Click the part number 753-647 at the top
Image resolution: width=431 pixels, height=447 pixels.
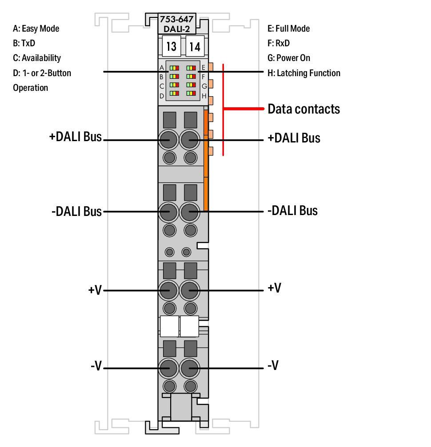tap(176, 19)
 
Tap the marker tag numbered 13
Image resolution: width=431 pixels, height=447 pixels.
tap(171, 46)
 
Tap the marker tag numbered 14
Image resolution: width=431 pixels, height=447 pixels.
tap(195, 46)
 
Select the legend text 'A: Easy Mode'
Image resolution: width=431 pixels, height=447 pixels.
tap(36, 28)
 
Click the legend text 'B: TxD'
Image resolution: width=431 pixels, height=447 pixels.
tap(24, 43)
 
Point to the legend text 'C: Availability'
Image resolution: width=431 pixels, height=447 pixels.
tap(37, 58)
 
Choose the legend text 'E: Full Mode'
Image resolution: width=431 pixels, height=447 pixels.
tap(288, 28)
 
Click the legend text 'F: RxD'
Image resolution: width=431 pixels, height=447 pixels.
tap(279, 43)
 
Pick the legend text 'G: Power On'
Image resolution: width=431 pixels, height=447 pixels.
tap(289, 58)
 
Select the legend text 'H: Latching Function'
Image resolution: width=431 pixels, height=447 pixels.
tap(304, 73)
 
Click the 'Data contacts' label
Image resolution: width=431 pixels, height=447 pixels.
tap(304, 109)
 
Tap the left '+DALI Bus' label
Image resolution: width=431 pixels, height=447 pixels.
tap(76, 137)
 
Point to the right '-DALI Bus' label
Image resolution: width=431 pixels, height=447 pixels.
tap(292, 211)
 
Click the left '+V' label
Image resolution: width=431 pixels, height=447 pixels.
tap(95, 290)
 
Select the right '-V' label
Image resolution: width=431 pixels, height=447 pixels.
tap(273, 365)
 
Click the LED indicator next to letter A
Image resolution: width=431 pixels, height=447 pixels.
tap(174, 68)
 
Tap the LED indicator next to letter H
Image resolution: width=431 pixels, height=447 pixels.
tap(191, 93)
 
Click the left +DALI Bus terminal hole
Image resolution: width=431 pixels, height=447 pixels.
tap(168, 140)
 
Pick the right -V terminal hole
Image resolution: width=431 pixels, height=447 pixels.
tap(189, 368)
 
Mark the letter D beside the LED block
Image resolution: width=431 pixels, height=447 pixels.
tap(162, 96)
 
